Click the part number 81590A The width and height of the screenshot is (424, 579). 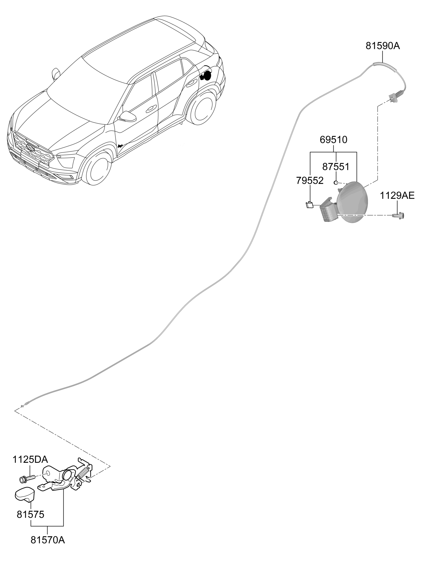383,46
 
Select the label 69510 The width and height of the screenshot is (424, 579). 333,140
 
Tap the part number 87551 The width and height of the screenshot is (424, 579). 336,167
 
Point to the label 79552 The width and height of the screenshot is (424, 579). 310,181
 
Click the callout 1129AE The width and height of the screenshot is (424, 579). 397,196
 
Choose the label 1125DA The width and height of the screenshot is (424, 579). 30,460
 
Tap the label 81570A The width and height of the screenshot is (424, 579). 48,540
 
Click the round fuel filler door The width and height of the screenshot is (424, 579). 352,202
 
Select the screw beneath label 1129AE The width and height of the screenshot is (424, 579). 398,216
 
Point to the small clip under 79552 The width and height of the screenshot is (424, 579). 310,205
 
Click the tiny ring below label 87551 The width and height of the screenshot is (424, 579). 335,183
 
